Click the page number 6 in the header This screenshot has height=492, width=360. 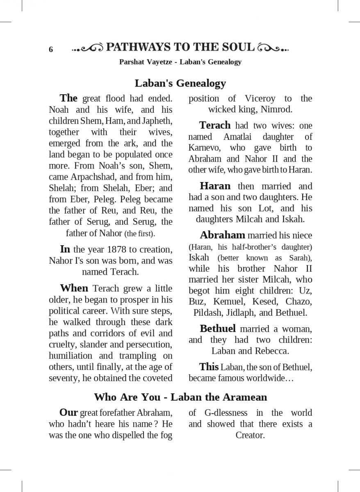pyautogui.click(x=51, y=50)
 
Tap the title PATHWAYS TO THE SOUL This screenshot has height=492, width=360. pyautogui.click(x=180, y=47)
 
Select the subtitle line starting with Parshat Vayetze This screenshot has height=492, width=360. pyautogui.click(x=180, y=62)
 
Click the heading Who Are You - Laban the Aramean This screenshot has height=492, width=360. pyautogui.click(x=180, y=397)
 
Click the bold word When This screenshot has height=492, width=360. pyautogui.click(x=74, y=288)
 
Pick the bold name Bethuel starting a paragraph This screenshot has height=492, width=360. pyautogui.click(x=218, y=328)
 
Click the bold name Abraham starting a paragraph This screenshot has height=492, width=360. pyautogui.click(x=222, y=235)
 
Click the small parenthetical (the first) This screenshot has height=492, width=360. pyautogui.click(x=140, y=234)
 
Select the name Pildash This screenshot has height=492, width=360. pyautogui.click(x=207, y=312)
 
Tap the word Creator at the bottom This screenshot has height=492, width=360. pyautogui.click(x=250, y=435)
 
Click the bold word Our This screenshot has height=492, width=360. pyautogui.click(x=69, y=412)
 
